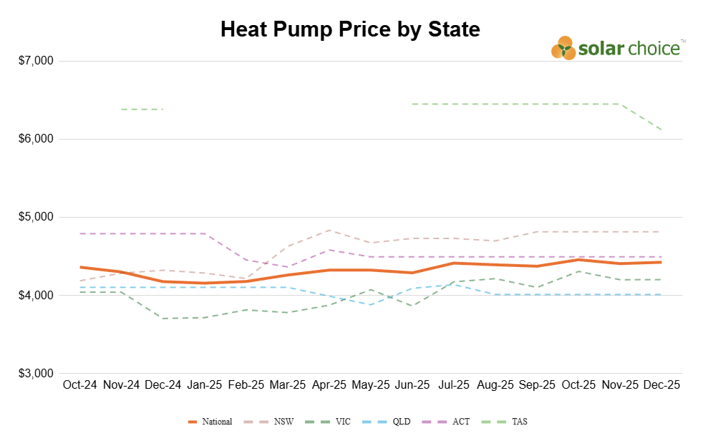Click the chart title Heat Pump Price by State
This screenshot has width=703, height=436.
point(350,29)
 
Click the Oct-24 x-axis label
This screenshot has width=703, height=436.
point(79,385)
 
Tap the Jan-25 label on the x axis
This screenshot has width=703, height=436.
point(204,385)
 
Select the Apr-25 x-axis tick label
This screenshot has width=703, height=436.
point(329,385)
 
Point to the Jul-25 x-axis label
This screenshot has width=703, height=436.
point(454,385)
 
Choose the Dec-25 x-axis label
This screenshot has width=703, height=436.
point(661,385)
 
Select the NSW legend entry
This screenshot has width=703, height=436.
point(272,422)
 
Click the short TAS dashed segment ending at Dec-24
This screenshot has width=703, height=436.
point(142,109)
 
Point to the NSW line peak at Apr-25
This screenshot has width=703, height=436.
point(329,230)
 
